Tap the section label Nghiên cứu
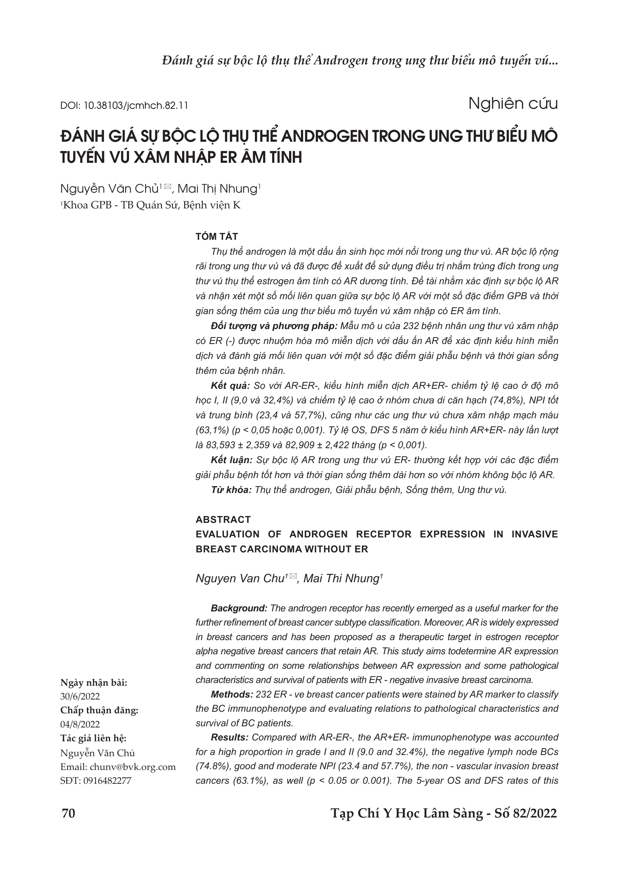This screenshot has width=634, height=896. [x=512, y=104]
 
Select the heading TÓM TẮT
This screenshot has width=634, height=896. [x=217, y=236]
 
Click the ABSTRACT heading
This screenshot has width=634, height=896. [x=223, y=519]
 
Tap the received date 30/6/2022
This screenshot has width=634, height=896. [x=80, y=696]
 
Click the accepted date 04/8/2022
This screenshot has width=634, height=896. [x=80, y=724]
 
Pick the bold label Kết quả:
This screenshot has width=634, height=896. [x=230, y=386]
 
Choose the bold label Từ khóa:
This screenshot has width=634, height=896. [x=231, y=490]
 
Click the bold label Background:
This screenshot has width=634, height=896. [x=238, y=608]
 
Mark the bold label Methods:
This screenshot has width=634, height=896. [x=232, y=694]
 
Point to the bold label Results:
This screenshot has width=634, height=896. [x=230, y=737]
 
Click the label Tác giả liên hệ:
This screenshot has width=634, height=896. [x=93, y=738]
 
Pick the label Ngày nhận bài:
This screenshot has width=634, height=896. [x=94, y=683]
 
